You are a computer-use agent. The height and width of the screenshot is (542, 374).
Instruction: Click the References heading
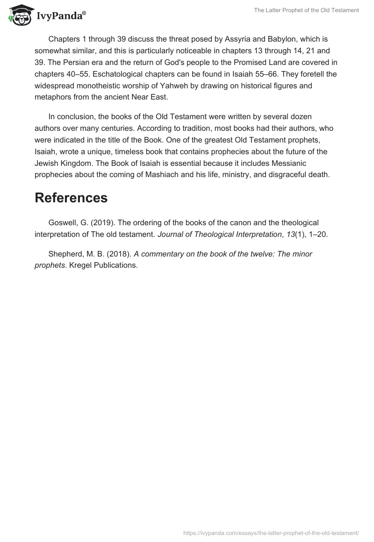pos(71,198)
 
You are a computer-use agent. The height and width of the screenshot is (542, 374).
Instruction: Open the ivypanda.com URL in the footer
pos(271,533)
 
